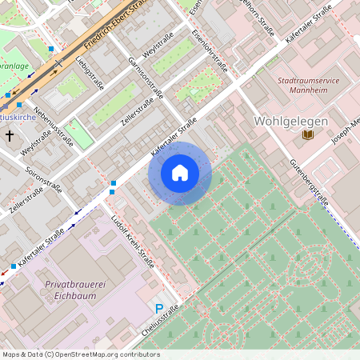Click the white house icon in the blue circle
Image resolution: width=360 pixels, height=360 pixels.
pos(180,172)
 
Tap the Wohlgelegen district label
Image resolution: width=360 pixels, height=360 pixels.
pos(290,121)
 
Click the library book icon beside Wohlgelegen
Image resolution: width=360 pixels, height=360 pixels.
pos(307,136)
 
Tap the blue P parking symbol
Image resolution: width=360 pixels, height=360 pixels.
pos(158,308)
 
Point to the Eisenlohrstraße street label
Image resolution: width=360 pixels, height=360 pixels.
pos(209,50)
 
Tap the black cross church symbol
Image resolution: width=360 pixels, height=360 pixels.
pos(10,136)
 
